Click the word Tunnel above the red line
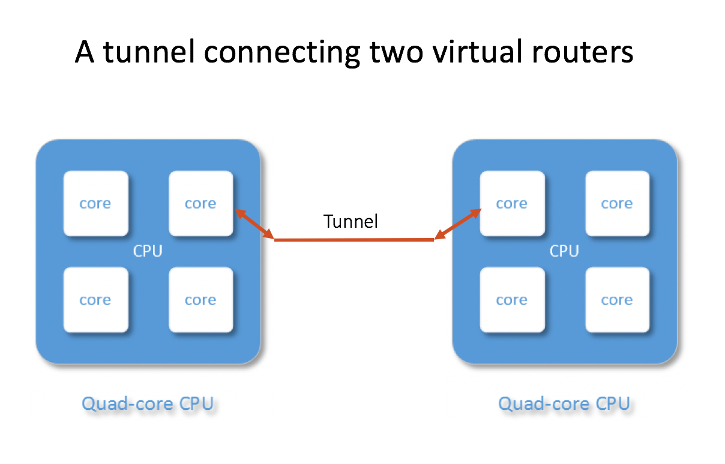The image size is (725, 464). [351, 221]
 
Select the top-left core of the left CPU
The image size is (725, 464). [95, 204]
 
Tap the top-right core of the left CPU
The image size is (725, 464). [200, 204]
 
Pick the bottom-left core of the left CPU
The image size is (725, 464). [95, 300]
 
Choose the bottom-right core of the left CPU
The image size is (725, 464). [200, 300]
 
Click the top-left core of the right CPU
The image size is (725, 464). [512, 204]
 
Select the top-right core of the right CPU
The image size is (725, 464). [617, 204]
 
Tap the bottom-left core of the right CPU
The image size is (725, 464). [512, 300]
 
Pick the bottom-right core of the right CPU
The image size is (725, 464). [617, 300]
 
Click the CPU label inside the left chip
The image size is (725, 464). [148, 251]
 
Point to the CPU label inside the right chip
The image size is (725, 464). [564, 251]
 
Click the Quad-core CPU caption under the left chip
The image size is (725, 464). [148, 403]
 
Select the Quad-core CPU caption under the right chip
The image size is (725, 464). [564, 403]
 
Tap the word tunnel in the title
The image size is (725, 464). [149, 52]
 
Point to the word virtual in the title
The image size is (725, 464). [463, 52]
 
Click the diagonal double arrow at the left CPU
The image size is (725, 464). [254, 224]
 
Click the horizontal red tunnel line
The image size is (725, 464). [354, 240]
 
